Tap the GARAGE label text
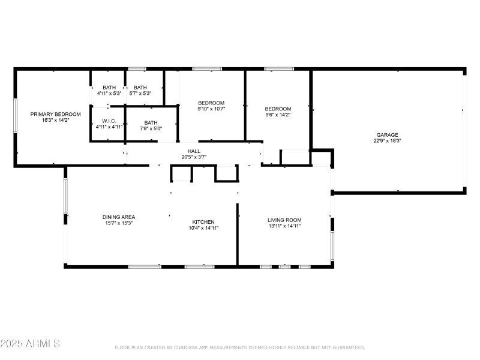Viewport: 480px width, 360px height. tap(387, 134)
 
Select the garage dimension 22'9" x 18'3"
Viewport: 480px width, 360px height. tap(387, 141)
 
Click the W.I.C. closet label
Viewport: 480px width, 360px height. tap(109, 121)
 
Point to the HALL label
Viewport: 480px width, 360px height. tap(194, 151)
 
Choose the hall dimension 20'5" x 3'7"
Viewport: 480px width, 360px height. tap(194, 157)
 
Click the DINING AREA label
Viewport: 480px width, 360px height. tap(118, 217)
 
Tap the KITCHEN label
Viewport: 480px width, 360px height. tap(203, 221)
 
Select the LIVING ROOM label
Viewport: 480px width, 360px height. tap(284, 220)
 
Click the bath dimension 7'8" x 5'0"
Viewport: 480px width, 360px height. tap(151, 128)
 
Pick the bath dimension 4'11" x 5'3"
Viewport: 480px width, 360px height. tap(109, 93)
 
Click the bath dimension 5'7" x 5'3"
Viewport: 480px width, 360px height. tap(140, 93)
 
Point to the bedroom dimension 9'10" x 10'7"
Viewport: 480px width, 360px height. tap(211, 109)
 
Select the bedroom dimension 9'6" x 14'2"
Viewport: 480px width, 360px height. tap(278, 115)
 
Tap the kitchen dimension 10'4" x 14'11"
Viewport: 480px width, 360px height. tap(203, 228)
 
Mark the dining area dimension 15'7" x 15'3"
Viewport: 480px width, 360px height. tap(118, 223)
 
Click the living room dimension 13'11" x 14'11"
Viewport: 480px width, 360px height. tap(284, 226)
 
